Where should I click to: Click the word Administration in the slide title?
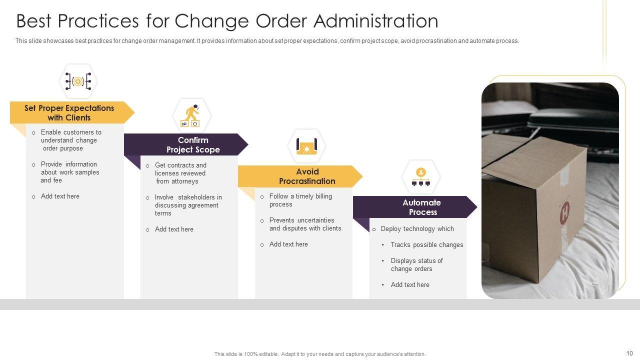[x=376, y=21]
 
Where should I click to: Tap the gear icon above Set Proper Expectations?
[x=78, y=81]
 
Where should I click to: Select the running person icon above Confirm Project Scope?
[x=191, y=115]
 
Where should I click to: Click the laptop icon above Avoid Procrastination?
[x=306, y=146]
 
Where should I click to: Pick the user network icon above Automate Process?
[x=421, y=176]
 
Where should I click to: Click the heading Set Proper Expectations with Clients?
[x=69, y=113]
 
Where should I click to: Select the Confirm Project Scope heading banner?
[x=193, y=145]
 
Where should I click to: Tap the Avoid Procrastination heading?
[x=307, y=176]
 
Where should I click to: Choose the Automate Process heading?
[x=422, y=207]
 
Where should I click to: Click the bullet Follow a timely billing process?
[x=300, y=200]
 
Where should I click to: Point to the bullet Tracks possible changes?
[x=426, y=244]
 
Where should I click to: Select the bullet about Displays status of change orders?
[x=416, y=264]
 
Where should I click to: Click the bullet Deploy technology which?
[x=417, y=228]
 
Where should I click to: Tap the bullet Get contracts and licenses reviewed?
[x=180, y=173]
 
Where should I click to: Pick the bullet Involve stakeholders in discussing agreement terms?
[x=188, y=205]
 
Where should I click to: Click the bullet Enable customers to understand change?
[x=70, y=140]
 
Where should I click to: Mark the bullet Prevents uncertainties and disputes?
[x=305, y=224]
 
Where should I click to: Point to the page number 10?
[x=629, y=353]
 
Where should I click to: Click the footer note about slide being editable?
[x=320, y=354]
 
